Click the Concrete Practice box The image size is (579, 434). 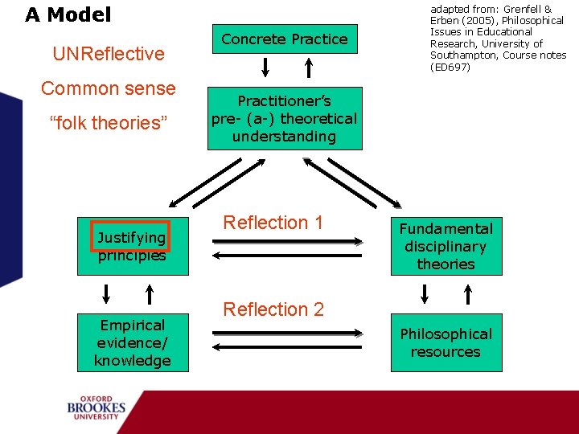tap(284, 39)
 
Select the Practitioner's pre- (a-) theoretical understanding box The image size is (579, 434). tap(284, 119)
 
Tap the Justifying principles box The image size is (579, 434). tap(132, 247)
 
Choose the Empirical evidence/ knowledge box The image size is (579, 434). tap(132, 343)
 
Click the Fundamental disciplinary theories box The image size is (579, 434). tap(446, 247)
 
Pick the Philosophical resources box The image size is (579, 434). tap(446, 343)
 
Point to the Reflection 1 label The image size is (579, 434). tap(273, 223)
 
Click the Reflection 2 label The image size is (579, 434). tap(273, 309)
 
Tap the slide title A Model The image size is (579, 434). tap(68, 14)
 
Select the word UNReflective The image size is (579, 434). tap(108, 54)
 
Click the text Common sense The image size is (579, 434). tap(108, 88)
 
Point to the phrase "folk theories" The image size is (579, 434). tap(108, 123)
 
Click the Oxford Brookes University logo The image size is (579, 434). tap(96, 407)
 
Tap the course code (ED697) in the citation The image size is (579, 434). tap(450, 67)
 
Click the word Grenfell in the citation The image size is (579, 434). tap(515, 9)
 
